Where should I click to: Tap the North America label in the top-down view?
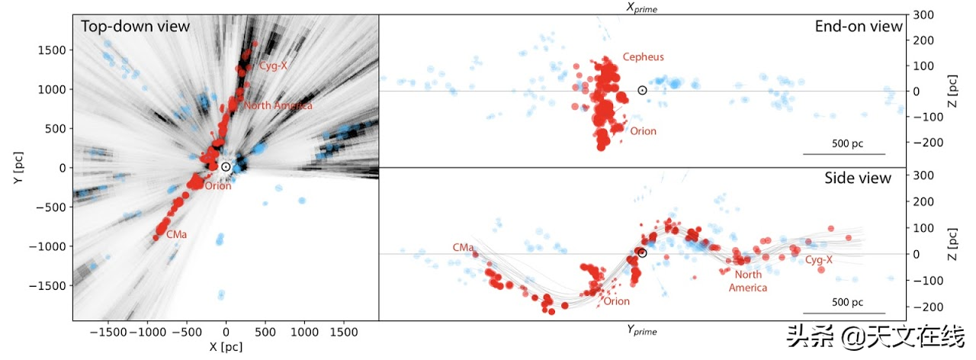tap(278, 106)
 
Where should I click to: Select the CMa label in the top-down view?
tap(178, 235)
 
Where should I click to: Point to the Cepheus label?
tap(643, 57)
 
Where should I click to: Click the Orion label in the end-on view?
tap(643, 131)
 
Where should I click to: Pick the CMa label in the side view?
tap(463, 247)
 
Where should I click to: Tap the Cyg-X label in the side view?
tap(819, 260)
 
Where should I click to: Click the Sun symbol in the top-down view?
tap(226, 166)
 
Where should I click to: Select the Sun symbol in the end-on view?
tap(642, 90)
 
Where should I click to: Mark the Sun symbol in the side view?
tap(642, 253)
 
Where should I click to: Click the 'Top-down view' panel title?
tap(136, 27)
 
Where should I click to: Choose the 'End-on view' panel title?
tap(859, 27)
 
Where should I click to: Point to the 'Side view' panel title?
tap(858, 178)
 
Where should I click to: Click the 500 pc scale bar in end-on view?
tap(844, 154)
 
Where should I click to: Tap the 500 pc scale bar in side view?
tap(844, 313)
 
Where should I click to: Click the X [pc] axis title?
tap(226, 347)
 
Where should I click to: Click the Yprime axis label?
tap(642, 330)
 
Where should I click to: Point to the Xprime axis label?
tap(642, 8)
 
